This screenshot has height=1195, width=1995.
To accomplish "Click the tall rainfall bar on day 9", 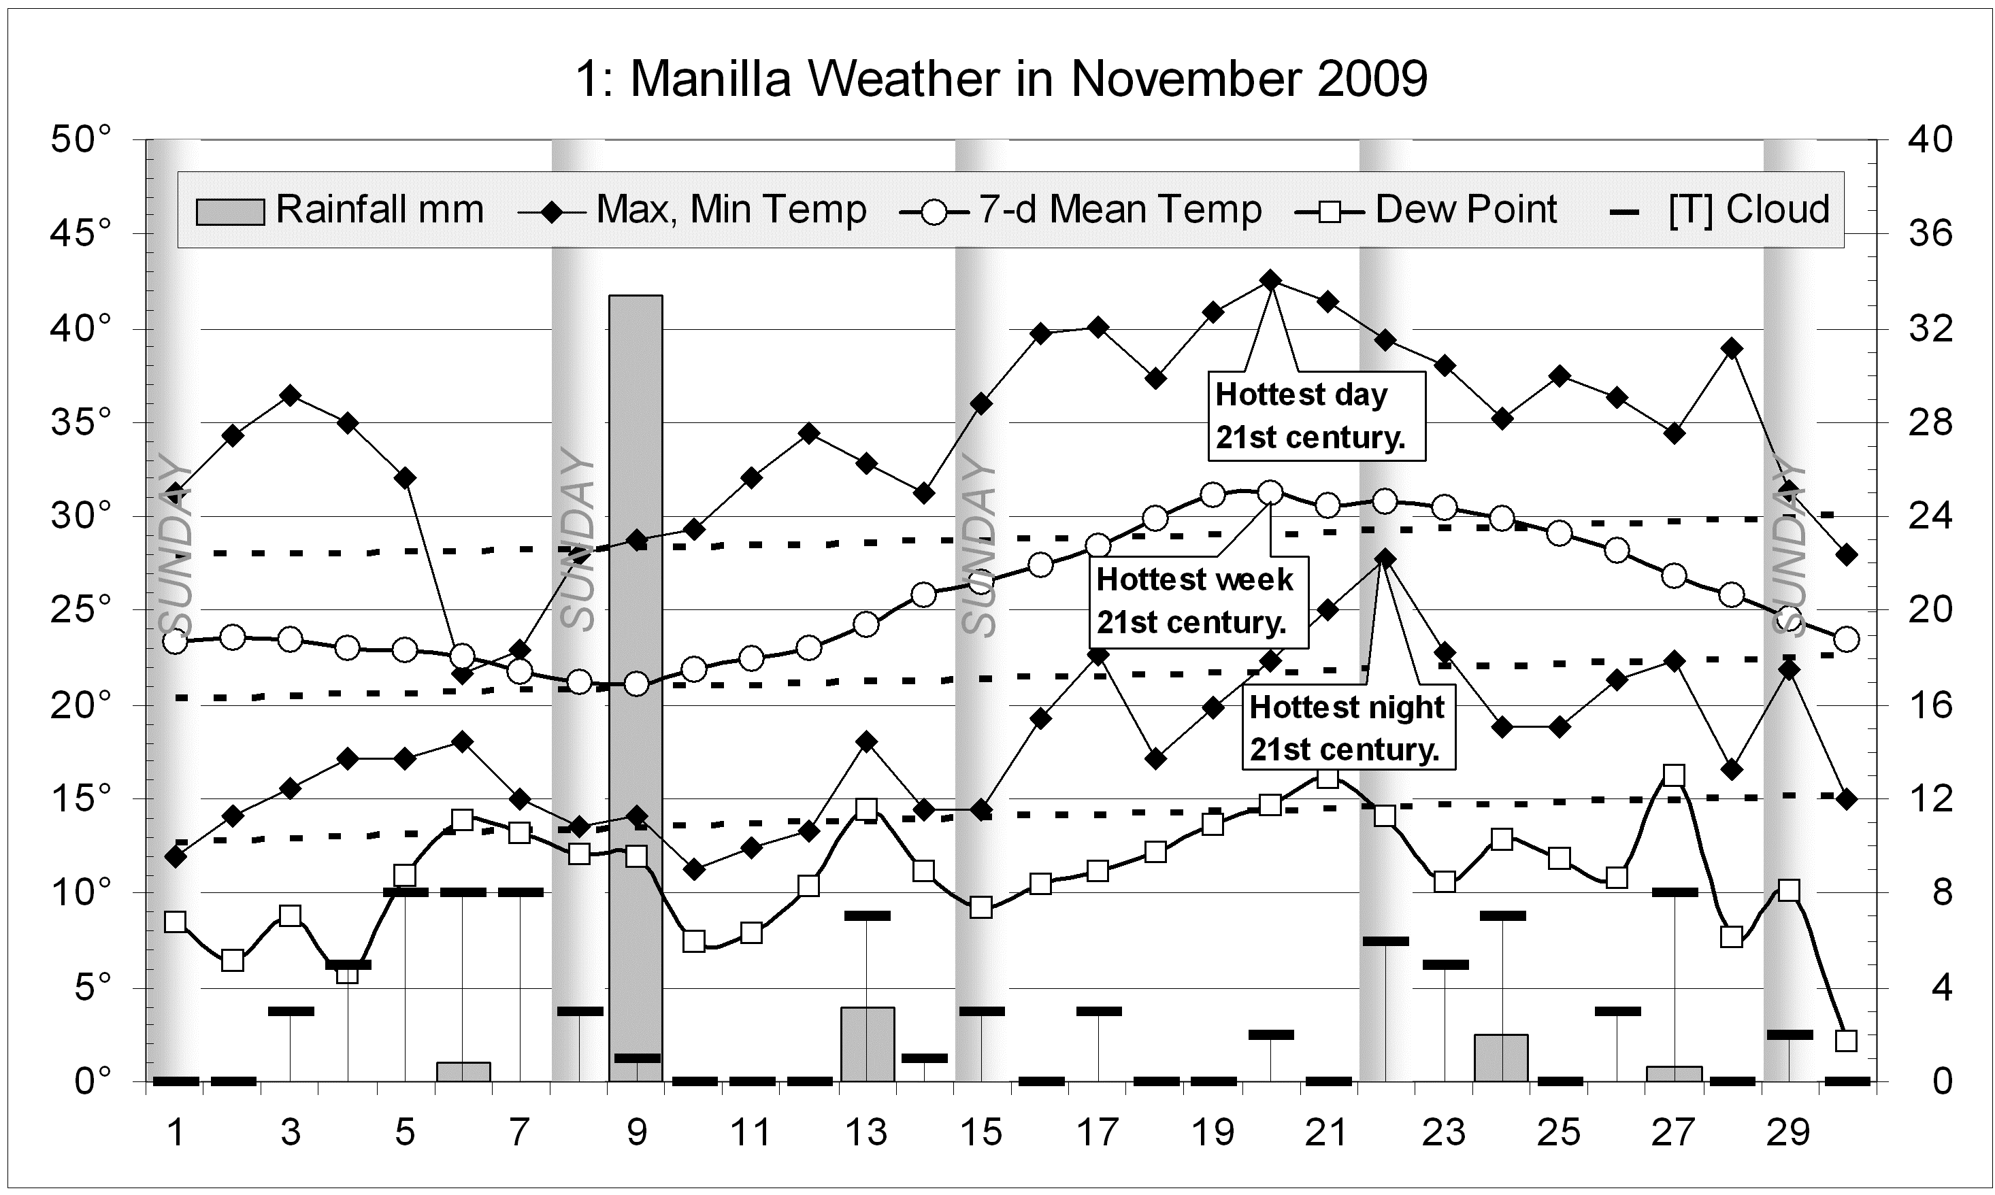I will (636, 684).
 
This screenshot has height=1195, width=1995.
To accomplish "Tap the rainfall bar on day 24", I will (1501, 1058).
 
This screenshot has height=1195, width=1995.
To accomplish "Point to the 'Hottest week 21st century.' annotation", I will (1197, 601).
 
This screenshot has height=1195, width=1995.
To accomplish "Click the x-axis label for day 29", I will (1788, 1132).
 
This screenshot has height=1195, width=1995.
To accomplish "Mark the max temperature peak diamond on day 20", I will (1271, 280).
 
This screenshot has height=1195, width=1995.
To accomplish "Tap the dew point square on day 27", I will (1675, 775).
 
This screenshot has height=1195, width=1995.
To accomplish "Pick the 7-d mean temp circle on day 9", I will (636, 684).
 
